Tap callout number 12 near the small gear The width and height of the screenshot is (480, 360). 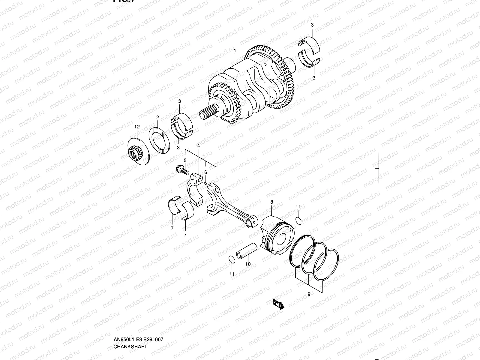click(x=137, y=127)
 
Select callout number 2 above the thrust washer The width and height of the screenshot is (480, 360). click(x=157, y=118)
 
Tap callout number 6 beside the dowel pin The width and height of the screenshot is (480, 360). click(x=206, y=172)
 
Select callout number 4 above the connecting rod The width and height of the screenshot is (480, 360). click(x=198, y=145)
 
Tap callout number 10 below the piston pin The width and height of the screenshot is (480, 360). click(x=248, y=264)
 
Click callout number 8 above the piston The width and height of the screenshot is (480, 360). click(x=272, y=202)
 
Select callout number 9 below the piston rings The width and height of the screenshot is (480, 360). click(x=309, y=294)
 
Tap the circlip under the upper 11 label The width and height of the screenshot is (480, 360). click(x=298, y=220)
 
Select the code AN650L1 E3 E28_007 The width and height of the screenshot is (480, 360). click(x=138, y=314)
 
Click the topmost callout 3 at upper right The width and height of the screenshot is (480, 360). click(x=312, y=25)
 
